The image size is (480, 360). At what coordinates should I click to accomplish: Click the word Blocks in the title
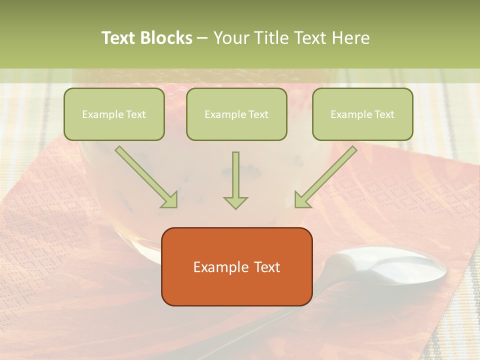[x=166, y=38]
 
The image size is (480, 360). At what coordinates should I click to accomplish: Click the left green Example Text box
[x=114, y=114]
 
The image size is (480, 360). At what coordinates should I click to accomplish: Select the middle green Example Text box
[x=236, y=114]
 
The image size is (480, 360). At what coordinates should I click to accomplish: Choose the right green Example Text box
[x=362, y=114]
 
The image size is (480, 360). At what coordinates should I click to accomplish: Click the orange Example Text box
[x=237, y=266]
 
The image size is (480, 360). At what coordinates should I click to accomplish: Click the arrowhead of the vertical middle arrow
[x=235, y=202]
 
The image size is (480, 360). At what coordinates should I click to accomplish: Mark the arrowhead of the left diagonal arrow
[x=170, y=200]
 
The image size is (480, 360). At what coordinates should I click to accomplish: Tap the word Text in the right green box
[x=384, y=114]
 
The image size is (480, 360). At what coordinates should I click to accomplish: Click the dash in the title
[x=202, y=38]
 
